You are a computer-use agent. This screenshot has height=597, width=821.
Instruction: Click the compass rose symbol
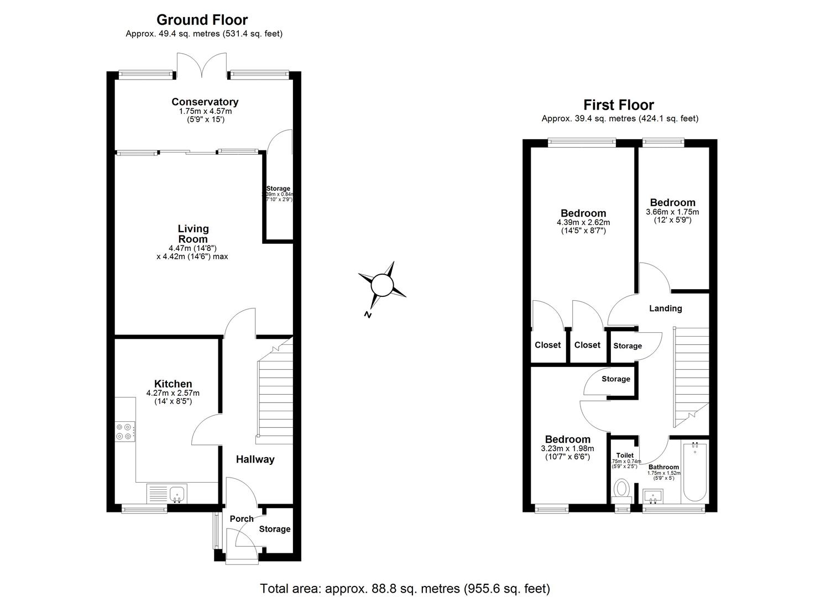(381, 286)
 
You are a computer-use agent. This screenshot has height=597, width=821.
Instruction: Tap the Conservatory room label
(205, 102)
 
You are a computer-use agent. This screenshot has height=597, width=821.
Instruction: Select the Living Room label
(193, 233)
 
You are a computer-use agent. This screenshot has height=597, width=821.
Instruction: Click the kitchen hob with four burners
(125, 431)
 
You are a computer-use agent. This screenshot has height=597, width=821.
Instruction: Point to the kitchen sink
(177, 493)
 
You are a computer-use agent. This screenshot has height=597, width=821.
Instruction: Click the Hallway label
(255, 459)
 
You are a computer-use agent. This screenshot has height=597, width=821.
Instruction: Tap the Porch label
(241, 519)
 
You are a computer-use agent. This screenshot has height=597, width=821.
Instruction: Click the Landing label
(665, 308)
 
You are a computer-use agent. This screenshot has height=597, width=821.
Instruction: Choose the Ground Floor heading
(202, 20)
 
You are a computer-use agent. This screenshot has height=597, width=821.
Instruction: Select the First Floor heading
(619, 105)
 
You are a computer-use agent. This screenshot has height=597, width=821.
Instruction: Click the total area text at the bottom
(405, 589)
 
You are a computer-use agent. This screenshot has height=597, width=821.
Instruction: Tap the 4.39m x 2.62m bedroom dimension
(583, 222)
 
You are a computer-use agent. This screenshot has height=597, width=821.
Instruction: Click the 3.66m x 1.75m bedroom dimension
(672, 212)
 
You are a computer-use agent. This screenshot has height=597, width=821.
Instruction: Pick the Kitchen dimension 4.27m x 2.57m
(172, 393)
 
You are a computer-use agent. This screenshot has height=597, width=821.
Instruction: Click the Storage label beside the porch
(275, 529)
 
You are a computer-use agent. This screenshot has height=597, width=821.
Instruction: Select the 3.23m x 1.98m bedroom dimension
(567, 448)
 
